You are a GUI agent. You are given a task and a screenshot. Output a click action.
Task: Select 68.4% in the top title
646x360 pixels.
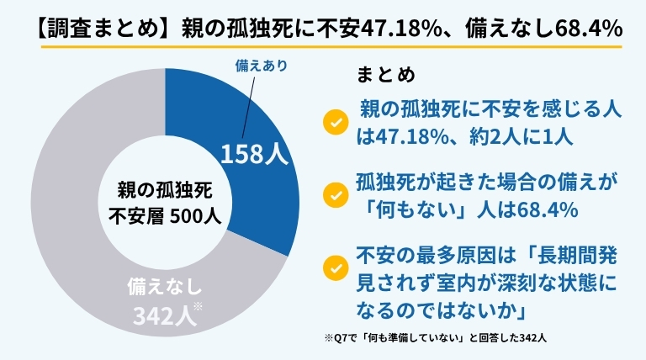click(588, 29)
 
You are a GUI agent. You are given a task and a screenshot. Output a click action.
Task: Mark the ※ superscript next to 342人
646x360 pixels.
click(199, 308)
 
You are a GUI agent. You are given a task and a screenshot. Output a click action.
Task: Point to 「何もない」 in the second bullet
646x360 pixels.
click(411, 209)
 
